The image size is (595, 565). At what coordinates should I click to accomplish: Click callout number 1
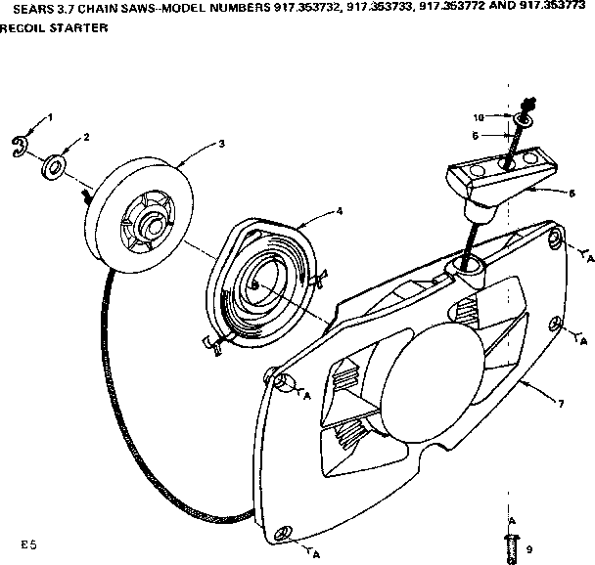[50, 117]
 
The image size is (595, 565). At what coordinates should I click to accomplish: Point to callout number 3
[222, 144]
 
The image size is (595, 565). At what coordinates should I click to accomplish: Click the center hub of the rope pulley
[150, 222]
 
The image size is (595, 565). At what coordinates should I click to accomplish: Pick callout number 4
[339, 209]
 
